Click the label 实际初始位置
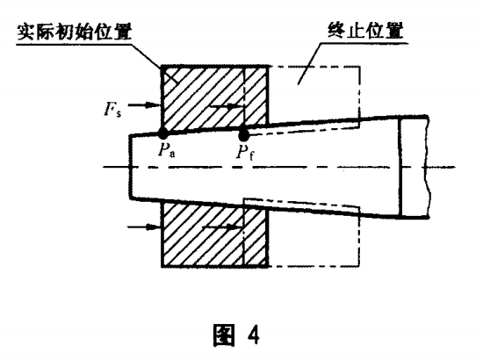tap(75, 32)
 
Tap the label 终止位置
tap(365, 31)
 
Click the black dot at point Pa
tap(162, 133)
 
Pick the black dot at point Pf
tap(243, 133)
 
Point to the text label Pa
tap(166, 151)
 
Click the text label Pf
tap(245, 152)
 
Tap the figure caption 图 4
tap(236, 335)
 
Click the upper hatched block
tap(214, 96)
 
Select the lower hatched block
tap(214, 234)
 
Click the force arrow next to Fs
tap(144, 105)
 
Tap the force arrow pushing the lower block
tap(144, 227)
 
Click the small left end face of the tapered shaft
tap(131, 167)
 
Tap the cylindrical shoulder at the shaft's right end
tap(414, 167)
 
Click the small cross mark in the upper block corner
tap(170, 76)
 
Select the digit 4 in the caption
tap(253, 335)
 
